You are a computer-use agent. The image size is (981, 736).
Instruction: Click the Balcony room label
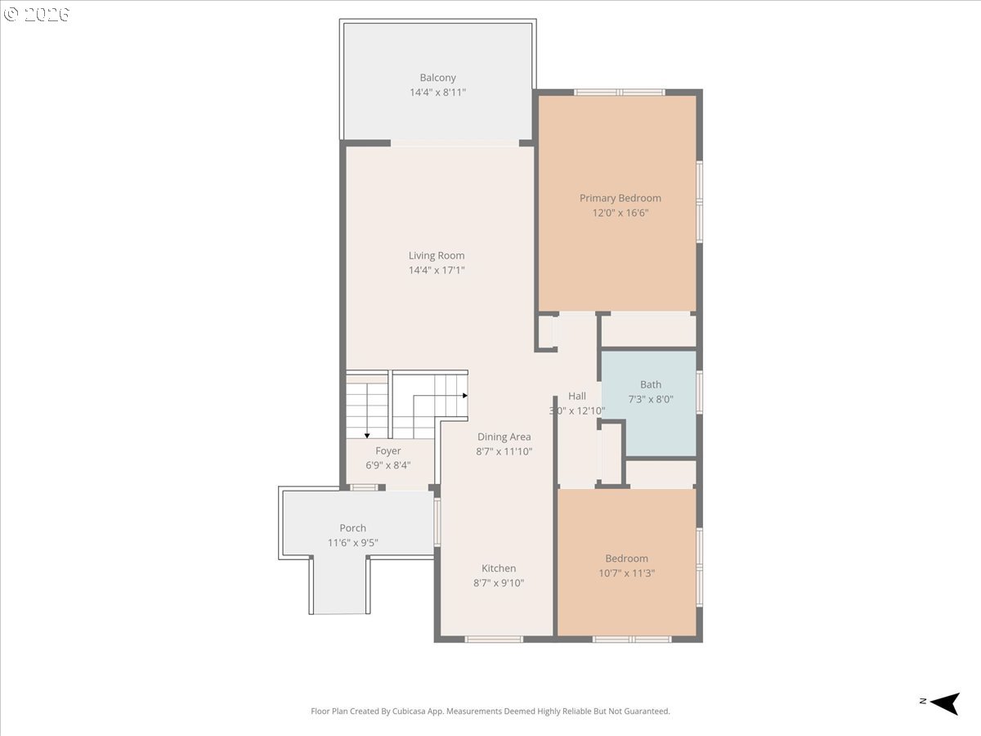click(437, 78)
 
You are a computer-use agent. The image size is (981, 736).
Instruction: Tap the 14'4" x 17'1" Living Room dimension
click(437, 270)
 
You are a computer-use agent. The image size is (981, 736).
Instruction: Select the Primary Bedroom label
click(620, 199)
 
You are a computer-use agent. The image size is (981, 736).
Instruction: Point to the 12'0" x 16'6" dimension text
click(620, 213)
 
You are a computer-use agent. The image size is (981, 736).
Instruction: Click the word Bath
click(651, 384)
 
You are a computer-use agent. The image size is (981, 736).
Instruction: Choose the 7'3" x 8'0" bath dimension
click(651, 399)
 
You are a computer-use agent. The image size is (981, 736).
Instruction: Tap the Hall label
click(577, 396)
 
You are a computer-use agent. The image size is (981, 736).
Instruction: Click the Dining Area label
click(504, 437)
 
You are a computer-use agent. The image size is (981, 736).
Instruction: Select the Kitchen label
click(499, 568)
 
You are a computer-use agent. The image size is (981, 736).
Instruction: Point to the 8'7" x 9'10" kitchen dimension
click(499, 583)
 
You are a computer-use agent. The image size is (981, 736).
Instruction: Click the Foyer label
click(388, 451)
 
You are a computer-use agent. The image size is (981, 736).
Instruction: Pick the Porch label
click(352, 527)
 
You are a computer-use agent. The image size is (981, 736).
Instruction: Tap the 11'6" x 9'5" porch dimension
click(352, 542)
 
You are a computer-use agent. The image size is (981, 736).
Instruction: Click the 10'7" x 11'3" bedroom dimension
click(626, 573)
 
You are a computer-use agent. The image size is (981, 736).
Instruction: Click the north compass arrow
click(945, 704)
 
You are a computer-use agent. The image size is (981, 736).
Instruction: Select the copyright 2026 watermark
click(37, 14)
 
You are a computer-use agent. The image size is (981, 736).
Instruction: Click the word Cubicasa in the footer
click(410, 711)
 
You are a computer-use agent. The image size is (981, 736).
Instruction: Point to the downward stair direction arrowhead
click(367, 435)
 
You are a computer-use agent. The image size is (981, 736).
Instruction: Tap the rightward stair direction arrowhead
click(465, 396)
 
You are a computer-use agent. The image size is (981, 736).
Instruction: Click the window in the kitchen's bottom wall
click(494, 640)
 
